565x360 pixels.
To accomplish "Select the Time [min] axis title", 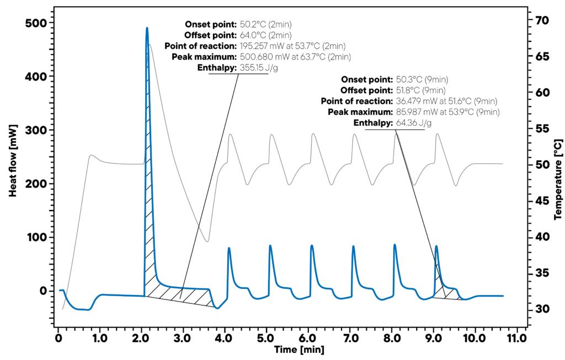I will [299, 350].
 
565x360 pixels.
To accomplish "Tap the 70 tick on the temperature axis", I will [542, 20].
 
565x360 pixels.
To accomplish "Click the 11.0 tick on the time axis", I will [516, 337].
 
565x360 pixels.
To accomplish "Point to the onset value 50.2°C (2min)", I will [265, 24].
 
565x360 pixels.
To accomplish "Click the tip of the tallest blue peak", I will [147, 28].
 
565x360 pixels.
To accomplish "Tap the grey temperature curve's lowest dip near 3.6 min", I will [207, 241].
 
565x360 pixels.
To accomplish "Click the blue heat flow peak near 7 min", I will [353, 246].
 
